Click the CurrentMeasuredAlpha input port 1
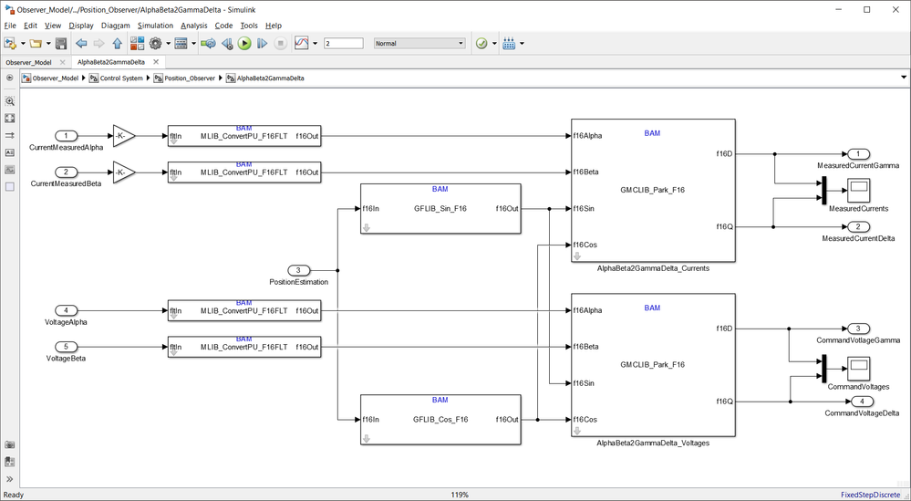click(67, 136)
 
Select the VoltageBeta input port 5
click(67, 347)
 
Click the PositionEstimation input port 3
click(299, 270)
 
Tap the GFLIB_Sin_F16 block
click(440, 208)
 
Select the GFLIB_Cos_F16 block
click(440, 420)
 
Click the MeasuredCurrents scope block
click(858, 190)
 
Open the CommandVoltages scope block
click(858, 369)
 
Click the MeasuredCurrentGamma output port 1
click(858, 154)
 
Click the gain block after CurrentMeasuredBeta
click(123, 172)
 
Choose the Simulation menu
click(155, 26)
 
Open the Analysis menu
click(193, 26)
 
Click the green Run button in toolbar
click(244, 43)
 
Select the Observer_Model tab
click(29, 62)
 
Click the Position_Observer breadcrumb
click(189, 78)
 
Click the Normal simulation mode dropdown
click(419, 43)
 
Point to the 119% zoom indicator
click(460, 495)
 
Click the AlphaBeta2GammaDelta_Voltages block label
click(652, 443)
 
